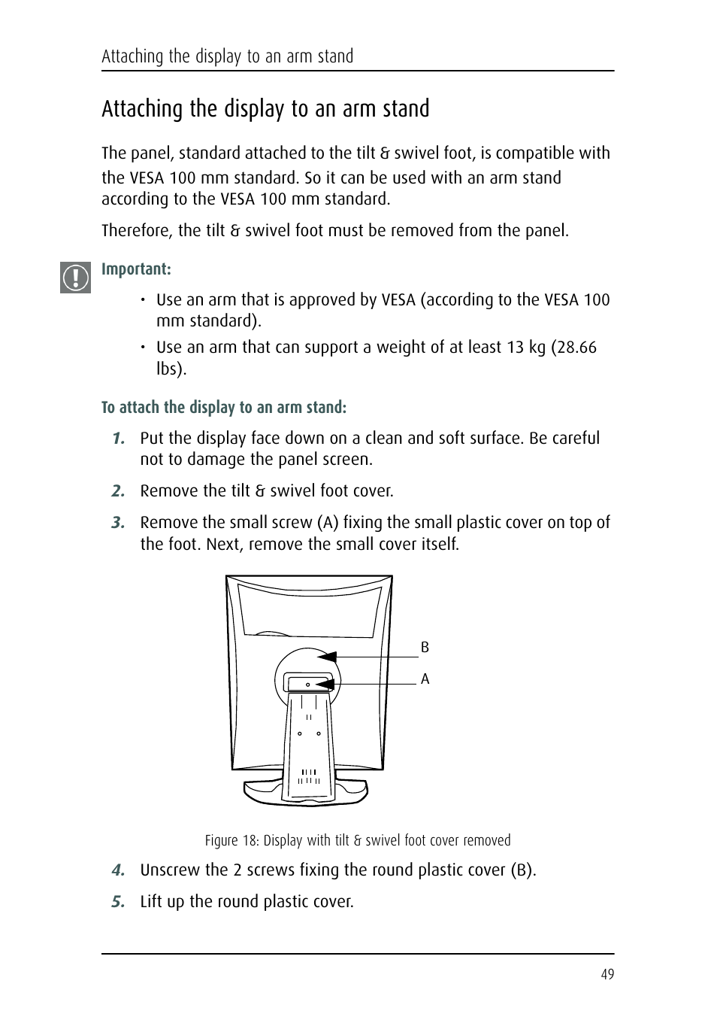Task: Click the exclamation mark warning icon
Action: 75,278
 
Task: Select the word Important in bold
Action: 135,269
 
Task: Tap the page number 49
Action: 607,975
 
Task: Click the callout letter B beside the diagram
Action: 425,648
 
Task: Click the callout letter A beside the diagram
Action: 425,679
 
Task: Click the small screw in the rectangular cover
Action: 308,685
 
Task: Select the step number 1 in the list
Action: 118,439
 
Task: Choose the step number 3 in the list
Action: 118,523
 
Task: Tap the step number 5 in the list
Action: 118,902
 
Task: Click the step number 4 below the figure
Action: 118,870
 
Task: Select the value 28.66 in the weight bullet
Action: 576,348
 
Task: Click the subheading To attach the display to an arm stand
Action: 224,408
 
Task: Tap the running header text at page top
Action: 227,56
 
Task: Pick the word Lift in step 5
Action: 151,902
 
